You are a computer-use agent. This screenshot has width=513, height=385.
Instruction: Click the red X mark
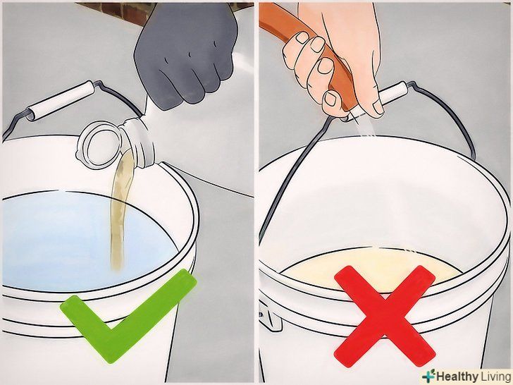[x=385, y=316]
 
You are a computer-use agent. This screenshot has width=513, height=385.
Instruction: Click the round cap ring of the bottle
[x=99, y=145]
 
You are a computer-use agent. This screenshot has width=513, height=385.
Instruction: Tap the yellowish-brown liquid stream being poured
[x=122, y=209]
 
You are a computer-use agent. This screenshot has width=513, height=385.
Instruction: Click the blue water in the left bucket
[x=82, y=243]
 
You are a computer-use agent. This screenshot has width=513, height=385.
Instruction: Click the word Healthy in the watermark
[x=457, y=376]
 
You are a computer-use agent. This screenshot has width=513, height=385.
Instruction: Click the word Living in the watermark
[x=495, y=376]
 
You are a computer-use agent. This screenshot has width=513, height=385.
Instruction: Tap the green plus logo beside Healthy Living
[x=428, y=375]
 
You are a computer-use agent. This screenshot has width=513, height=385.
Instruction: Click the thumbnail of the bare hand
[x=378, y=106]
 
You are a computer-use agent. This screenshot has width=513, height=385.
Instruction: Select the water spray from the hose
[x=365, y=126]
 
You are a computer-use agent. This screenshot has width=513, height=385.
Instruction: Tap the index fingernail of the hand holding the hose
[x=302, y=37]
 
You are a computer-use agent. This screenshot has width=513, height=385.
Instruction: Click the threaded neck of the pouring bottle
[x=137, y=142]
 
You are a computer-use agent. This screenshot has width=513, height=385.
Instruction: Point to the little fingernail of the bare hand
[x=330, y=99]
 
